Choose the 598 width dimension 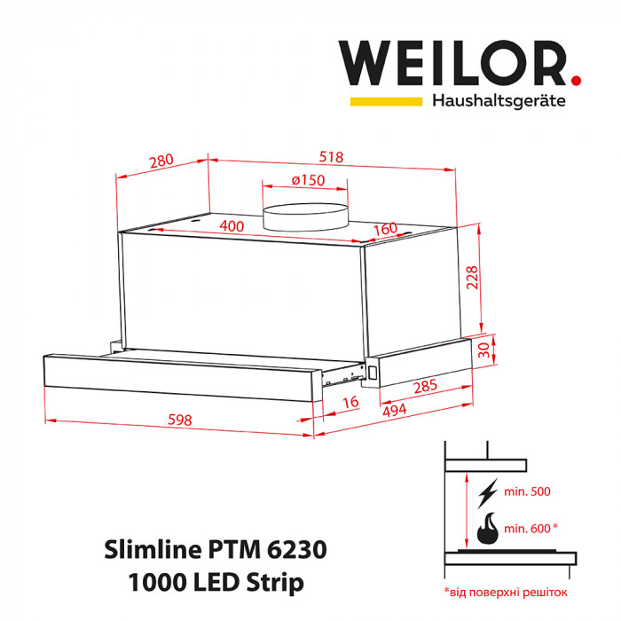[179, 421]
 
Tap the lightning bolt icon [487, 493]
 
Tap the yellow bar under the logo [386, 101]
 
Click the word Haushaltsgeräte [499, 101]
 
